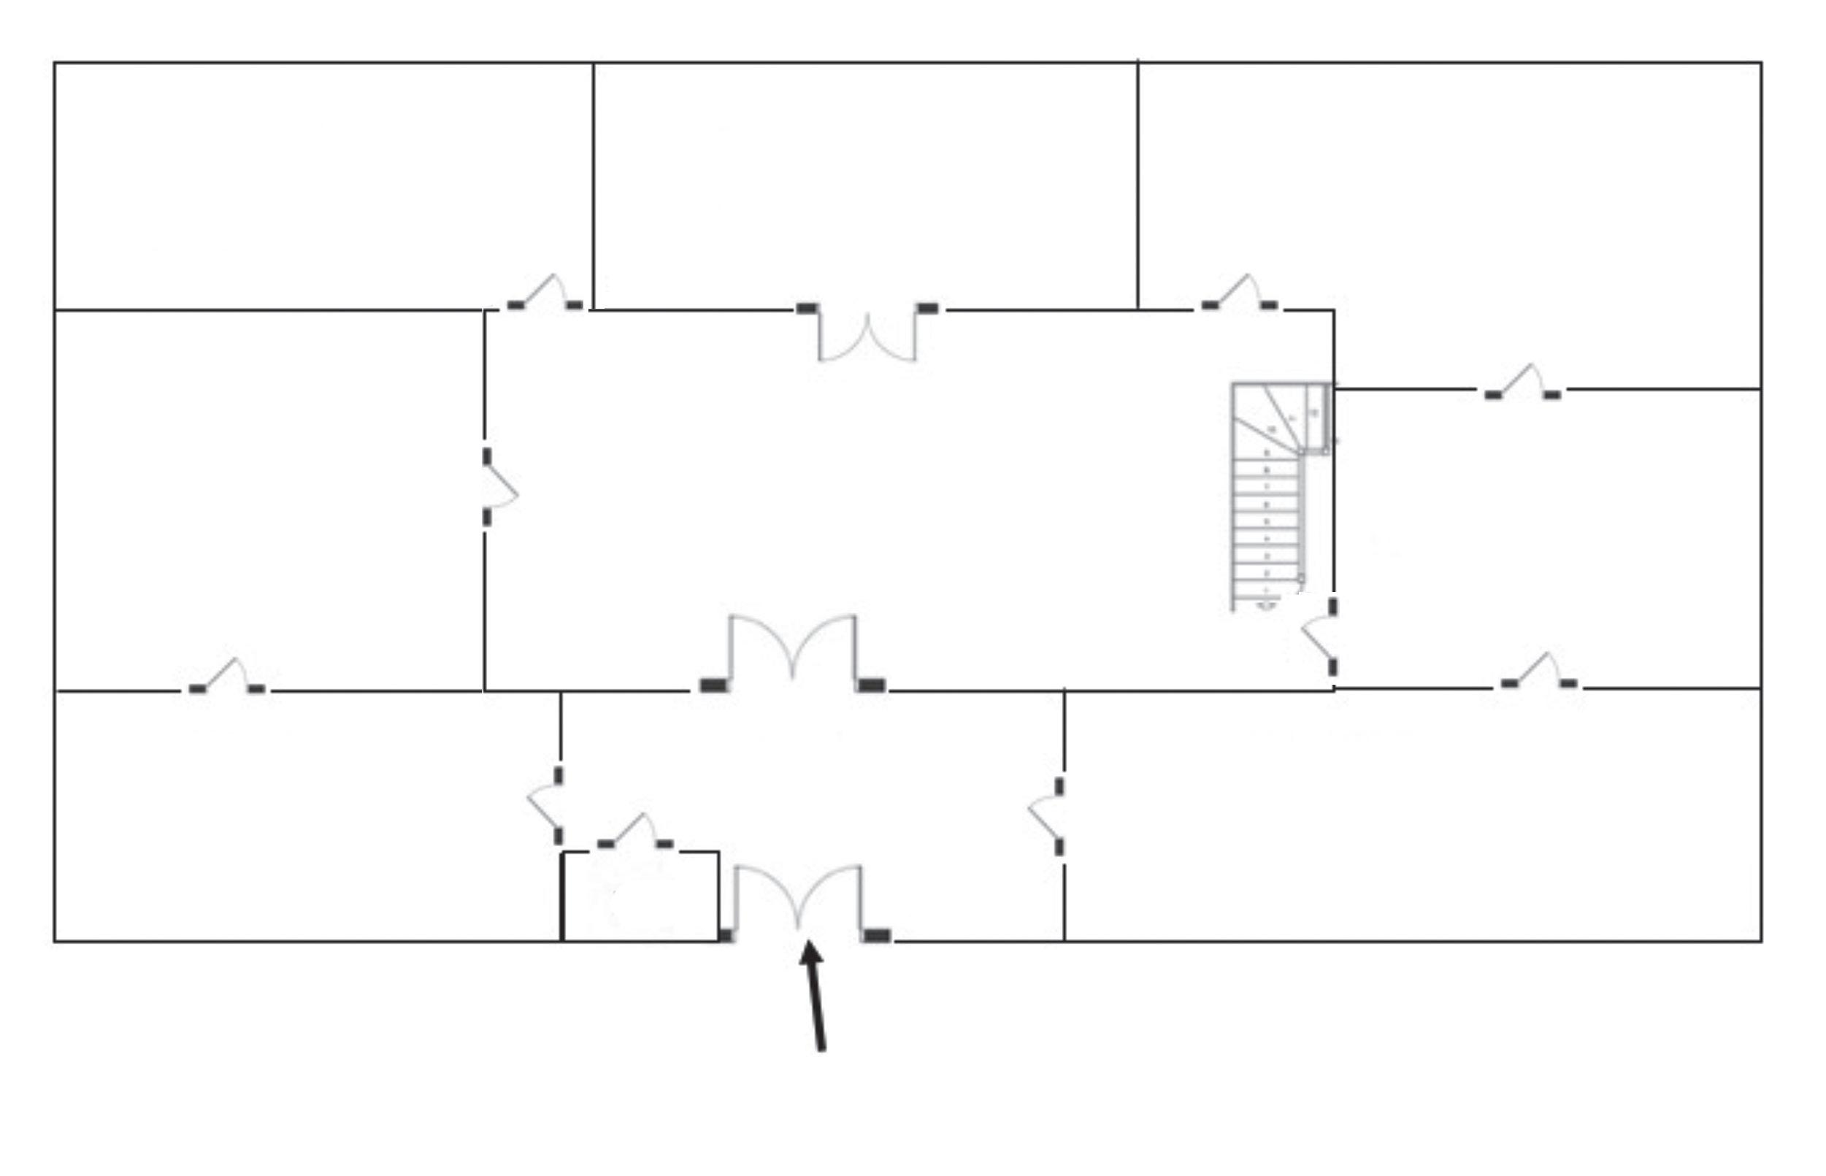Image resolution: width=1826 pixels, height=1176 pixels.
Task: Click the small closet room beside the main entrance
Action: point(640,896)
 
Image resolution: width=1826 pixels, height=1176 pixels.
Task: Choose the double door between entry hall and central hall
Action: point(793,653)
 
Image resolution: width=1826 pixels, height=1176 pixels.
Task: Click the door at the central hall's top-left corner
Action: point(545,293)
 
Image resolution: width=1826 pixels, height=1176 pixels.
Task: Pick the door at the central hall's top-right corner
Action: point(1239,293)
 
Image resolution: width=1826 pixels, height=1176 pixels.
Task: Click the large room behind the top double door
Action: point(865,183)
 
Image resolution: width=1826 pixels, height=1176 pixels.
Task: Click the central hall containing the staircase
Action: point(878,496)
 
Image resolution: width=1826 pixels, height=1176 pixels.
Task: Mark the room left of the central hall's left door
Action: point(267,496)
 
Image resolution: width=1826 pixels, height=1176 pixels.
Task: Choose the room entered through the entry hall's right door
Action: point(1413,817)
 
